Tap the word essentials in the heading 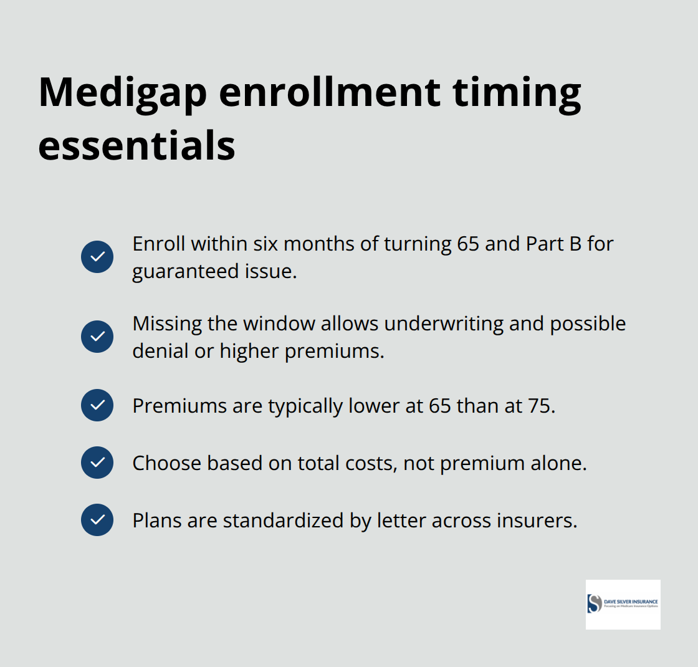[x=136, y=146]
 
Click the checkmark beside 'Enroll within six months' [x=97, y=257]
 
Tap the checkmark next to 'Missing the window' [x=97, y=337]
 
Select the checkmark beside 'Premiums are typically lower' [x=97, y=405]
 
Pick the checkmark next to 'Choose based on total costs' [x=97, y=463]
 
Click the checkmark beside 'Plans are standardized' [x=97, y=520]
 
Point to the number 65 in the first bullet [x=468, y=244]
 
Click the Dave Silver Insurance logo [x=623, y=604]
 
